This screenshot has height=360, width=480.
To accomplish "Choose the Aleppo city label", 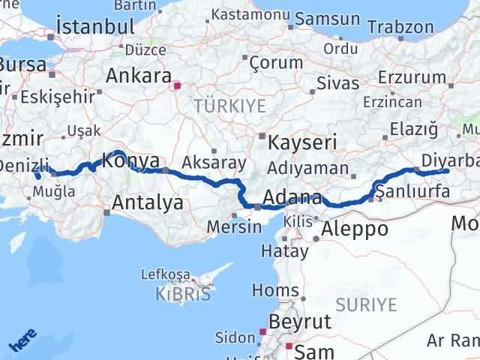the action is [x=356, y=229].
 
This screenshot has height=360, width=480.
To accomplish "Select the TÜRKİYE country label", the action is [x=229, y=106].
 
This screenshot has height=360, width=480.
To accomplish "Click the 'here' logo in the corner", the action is [x=22, y=342].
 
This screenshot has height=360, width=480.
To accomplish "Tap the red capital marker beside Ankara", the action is [x=177, y=85].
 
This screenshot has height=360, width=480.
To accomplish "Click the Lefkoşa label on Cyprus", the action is [x=172, y=274].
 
